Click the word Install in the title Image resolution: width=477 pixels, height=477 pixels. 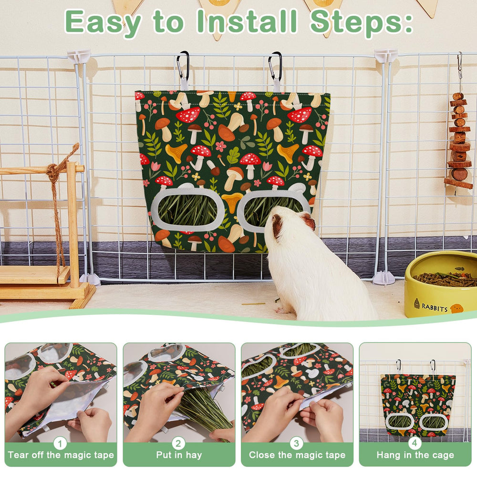[x=247, y=21]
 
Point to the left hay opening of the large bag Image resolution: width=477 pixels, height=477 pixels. [x=188, y=210]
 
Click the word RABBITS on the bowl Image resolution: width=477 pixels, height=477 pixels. [x=435, y=308]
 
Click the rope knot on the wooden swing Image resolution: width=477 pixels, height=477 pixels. [x=52, y=171]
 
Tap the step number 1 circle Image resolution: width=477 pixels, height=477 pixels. [x=60, y=443]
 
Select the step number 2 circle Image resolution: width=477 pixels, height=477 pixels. [x=178, y=443]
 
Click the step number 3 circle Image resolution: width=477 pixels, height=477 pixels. [x=296, y=443]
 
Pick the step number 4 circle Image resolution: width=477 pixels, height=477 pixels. [x=415, y=443]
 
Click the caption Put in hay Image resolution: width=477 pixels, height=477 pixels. [x=179, y=455]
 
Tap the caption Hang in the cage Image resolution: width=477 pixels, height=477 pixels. [x=415, y=455]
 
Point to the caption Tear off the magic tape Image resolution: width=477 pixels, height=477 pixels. [x=61, y=455]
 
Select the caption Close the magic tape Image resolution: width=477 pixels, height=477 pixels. [x=297, y=455]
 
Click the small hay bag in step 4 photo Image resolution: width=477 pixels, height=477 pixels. [x=418, y=404]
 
